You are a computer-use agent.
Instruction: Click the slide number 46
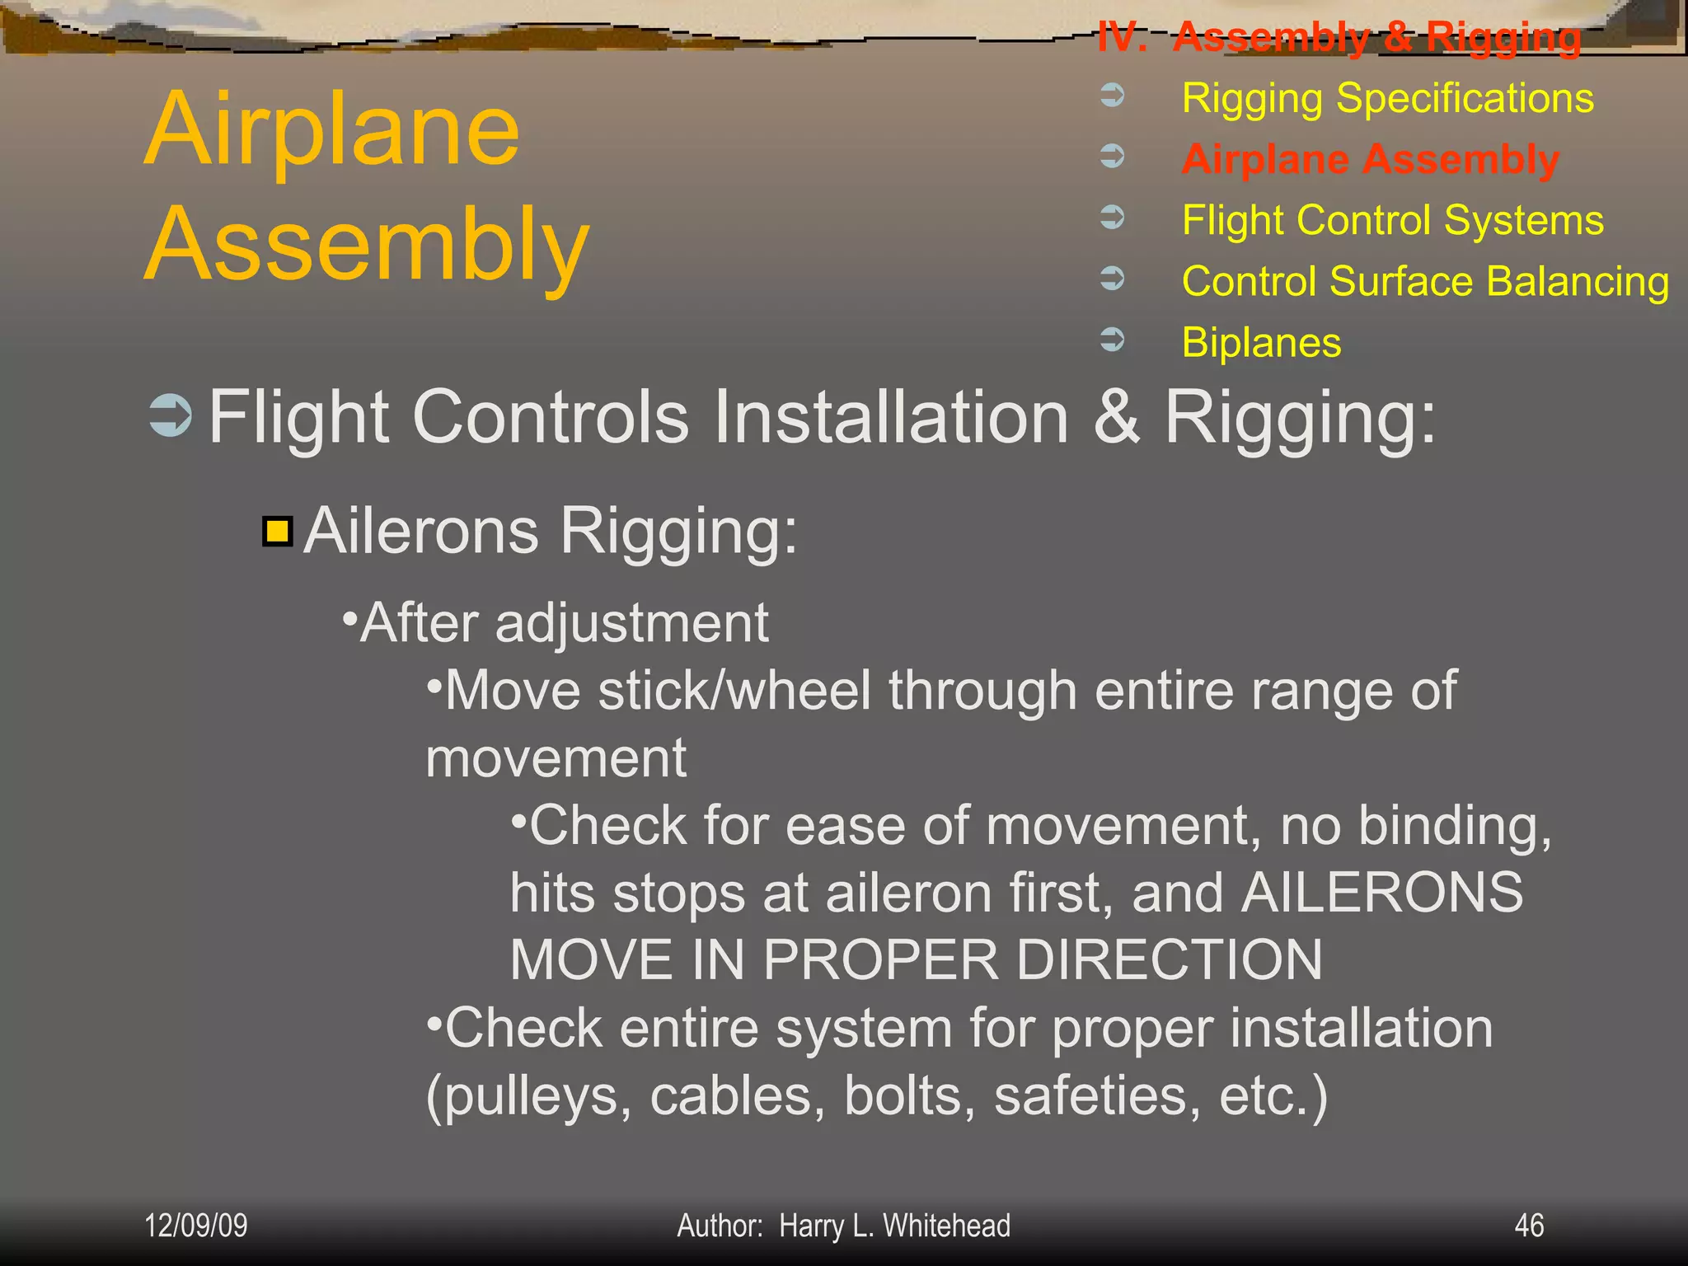pyautogui.click(x=1529, y=1226)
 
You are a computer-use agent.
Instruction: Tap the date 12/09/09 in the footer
pyautogui.click(x=196, y=1226)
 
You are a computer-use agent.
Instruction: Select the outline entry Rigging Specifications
pyautogui.click(x=1387, y=99)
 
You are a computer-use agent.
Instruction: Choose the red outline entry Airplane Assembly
pyautogui.click(x=1370, y=159)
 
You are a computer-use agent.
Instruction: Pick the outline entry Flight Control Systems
pyautogui.click(x=1392, y=220)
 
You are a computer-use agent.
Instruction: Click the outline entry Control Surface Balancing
pyautogui.click(x=1425, y=281)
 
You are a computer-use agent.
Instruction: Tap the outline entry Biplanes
pyautogui.click(x=1261, y=342)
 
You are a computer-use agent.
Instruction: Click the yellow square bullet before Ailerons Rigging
pyautogui.click(x=278, y=532)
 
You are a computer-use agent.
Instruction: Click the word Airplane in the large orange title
pyautogui.click(x=332, y=129)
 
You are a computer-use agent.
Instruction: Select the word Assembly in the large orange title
pyautogui.click(x=367, y=245)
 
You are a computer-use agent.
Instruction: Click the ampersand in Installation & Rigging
pyautogui.click(x=1117, y=417)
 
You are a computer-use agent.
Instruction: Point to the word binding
pyautogui.click(x=1454, y=825)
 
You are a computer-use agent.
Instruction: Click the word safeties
pyautogui.click(x=1096, y=1096)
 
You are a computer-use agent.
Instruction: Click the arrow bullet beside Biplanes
pyautogui.click(x=1113, y=339)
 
